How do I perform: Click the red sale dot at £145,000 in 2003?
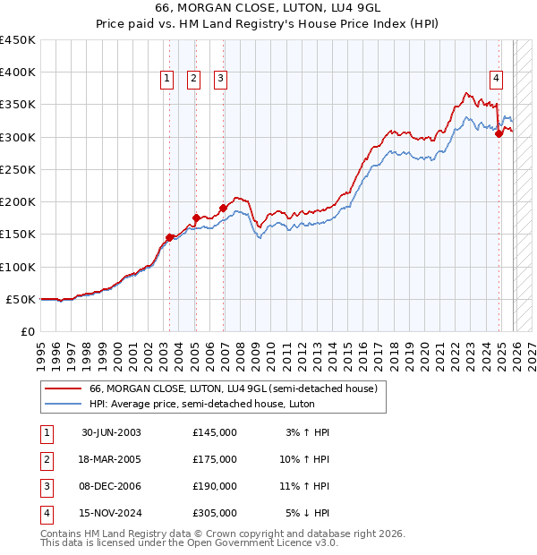pos(169,237)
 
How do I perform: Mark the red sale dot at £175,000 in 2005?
pos(196,218)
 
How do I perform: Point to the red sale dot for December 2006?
pos(223,208)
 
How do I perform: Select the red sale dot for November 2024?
pos(499,134)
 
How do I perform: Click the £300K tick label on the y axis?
pos(18,137)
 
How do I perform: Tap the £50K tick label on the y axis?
pos(21,299)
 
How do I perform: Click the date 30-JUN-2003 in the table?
pos(111,431)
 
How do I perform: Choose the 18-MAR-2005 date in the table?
pos(111,458)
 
